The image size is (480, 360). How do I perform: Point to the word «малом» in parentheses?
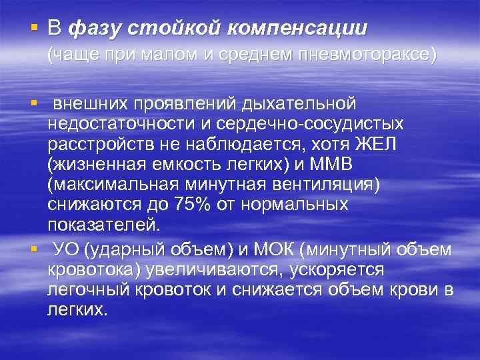(169, 56)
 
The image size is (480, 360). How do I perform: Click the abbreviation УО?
(67, 249)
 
